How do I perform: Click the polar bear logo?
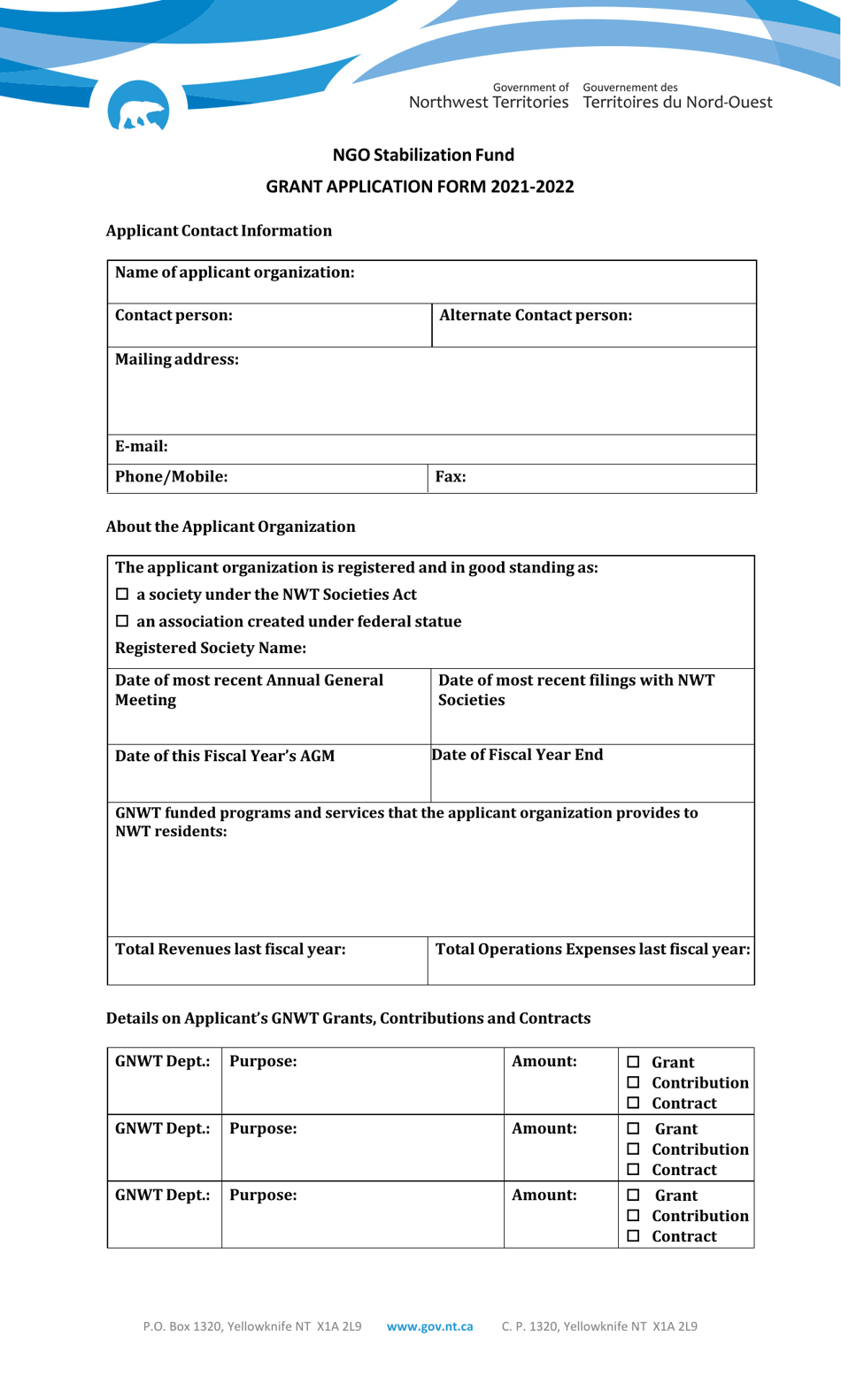tap(138, 107)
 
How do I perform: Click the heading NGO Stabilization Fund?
tap(423, 155)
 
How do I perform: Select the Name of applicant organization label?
tap(235, 273)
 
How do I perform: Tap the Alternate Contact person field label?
tap(535, 316)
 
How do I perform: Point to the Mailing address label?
tap(176, 359)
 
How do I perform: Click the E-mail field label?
tap(141, 446)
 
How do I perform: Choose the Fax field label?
tap(450, 477)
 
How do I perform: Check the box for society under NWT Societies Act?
tap(123, 595)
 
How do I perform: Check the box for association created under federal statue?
tap(123, 622)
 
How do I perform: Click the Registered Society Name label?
tap(211, 648)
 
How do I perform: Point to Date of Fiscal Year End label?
tap(517, 755)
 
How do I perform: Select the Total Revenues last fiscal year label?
tap(230, 950)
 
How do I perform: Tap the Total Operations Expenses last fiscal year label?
tap(592, 950)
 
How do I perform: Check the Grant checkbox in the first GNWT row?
tap(633, 1062)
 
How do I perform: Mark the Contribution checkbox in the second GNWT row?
tap(633, 1149)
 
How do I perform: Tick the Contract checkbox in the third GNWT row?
tap(633, 1236)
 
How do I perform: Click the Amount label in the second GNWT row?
tap(544, 1128)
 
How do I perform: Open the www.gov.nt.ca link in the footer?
tap(429, 1326)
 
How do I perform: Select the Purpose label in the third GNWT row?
tap(263, 1195)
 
